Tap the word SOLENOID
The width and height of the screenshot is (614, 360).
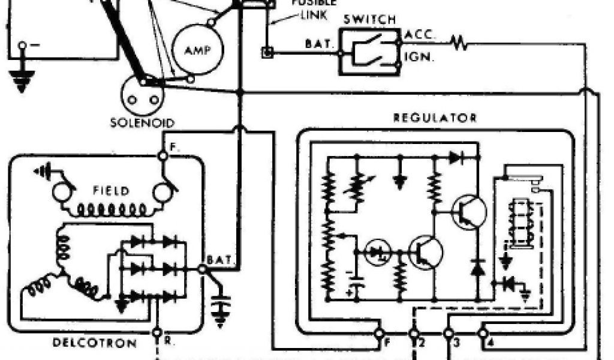(142, 122)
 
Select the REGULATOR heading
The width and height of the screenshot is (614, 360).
(435, 118)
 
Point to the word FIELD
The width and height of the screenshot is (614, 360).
(111, 191)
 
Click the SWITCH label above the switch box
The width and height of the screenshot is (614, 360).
(369, 19)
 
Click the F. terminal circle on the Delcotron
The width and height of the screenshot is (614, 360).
(162, 155)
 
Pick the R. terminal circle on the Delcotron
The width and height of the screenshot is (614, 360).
(157, 332)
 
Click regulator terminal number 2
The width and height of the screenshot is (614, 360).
(414, 332)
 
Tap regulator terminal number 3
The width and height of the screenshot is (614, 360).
(448, 332)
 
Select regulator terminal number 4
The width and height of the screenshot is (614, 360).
(483, 332)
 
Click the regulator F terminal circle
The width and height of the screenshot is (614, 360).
(379, 332)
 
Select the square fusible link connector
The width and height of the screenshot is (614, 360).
(266, 53)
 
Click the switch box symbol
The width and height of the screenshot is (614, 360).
(369, 52)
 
